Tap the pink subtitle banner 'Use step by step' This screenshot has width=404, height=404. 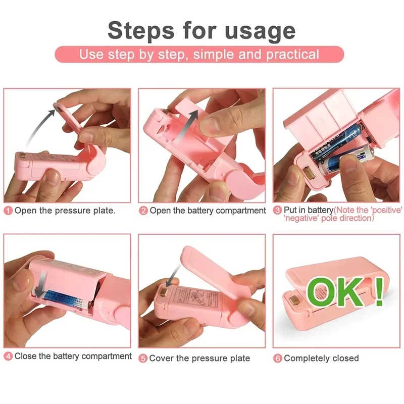(x=199, y=55)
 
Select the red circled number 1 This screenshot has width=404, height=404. (x=8, y=211)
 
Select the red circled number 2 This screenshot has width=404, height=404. (x=143, y=211)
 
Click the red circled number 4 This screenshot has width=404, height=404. (x=8, y=357)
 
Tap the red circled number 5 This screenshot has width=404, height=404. (x=143, y=358)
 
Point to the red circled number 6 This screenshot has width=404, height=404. (x=278, y=358)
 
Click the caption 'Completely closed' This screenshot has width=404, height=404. (x=321, y=358)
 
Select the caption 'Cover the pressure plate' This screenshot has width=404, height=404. (x=199, y=358)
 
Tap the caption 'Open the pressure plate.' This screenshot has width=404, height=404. (x=65, y=211)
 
